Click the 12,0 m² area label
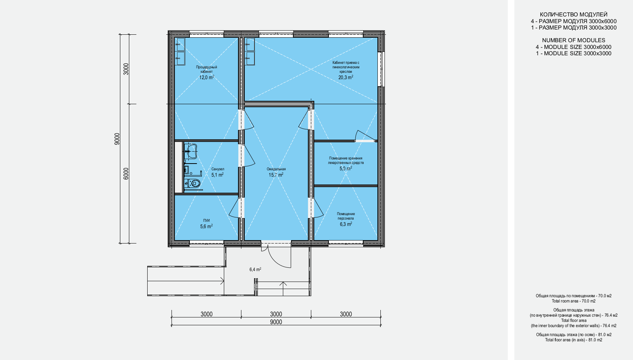pyautogui.click(x=207, y=77)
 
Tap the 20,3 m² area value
pyautogui.click(x=346, y=77)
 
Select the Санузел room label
pyautogui.click(x=217, y=169)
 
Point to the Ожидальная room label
pyautogui.click(x=276, y=169)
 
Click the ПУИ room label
pyautogui.click(x=206, y=220)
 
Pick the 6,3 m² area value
pyautogui.click(x=346, y=224)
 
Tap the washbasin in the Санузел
pyautogui.click(x=191, y=151)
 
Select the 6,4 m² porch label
pyautogui.click(x=255, y=270)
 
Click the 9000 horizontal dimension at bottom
pyautogui.click(x=276, y=322)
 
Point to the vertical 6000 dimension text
pyautogui.click(x=126, y=174)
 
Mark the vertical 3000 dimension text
pyautogui.click(x=126, y=69)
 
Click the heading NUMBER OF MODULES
pyautogui.click(x=574, y=40)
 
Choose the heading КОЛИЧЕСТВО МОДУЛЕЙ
pyautogui.click(x=574, y=15)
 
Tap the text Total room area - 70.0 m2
pyautogui.click(x=574, y=301)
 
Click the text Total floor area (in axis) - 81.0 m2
pyautogui.click(x=574, y=340)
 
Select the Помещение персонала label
pyautogui.click(x=346, y=216)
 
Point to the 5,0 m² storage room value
pyautogui.click(x=346, y=168)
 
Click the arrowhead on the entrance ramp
pyautogui.click(x=222, y=281)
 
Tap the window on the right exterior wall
pyautogui.click(x=381, y=69)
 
